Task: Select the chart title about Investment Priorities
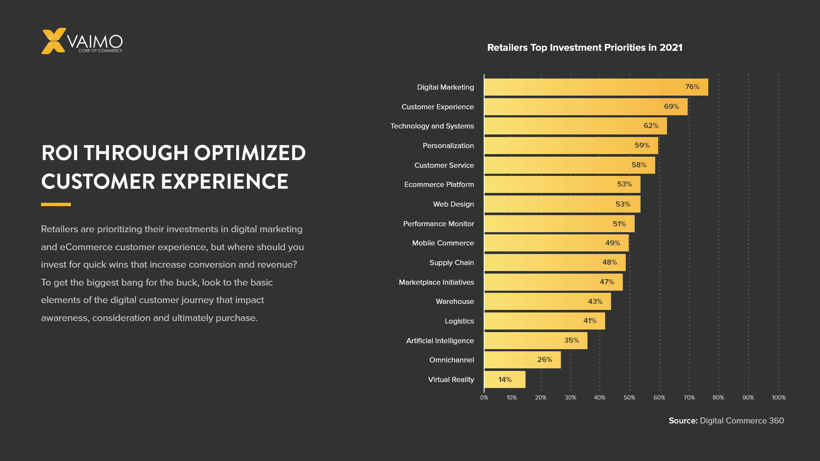tap(584, 47)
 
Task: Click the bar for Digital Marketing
tap(595, 87)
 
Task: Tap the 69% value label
tap(671, 106)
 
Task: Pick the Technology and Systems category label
tap(432, 126)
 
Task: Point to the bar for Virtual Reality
tap(504, 379)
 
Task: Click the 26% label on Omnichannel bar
tap(544, 360)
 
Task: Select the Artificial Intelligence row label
tap(439, 341)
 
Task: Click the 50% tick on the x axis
tap(629, 397)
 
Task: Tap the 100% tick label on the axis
tap(778, 397)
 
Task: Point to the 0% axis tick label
tap(484, 397)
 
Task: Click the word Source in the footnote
tap(682, 420)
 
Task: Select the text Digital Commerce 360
tap(741, 420)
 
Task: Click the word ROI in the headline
tap(60, 153)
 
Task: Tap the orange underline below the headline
tap(56, 204)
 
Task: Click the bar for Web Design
tap(562, 204)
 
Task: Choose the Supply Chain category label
tap(451, 263)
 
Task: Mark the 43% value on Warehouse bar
tap(595, 301)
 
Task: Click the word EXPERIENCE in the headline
tap(224, 181)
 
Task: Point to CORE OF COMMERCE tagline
tap(100, 51)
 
